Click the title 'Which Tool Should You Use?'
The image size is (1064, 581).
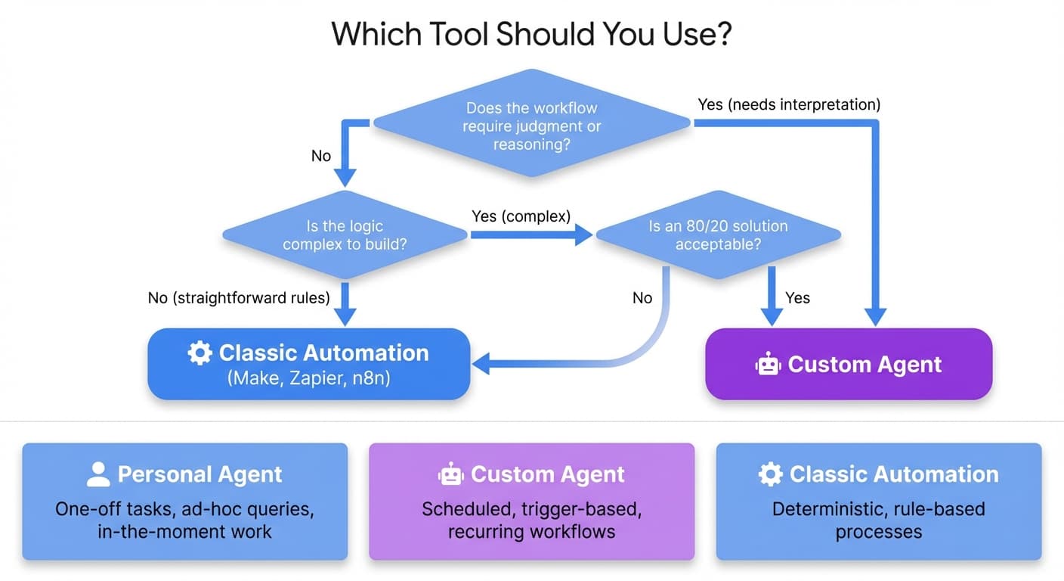tap(531, 35)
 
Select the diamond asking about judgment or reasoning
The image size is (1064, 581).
tap(531, 126)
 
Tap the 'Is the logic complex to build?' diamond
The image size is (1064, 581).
tap(344, 235)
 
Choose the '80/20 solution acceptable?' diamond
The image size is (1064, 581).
tap(717, 235)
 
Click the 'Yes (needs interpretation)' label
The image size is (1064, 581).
tap(789, 104)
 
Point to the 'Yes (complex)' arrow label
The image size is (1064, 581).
tap(521, 216)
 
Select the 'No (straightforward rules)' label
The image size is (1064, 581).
tap(239, 298)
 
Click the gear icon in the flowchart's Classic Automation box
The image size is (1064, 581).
tap(199, 353)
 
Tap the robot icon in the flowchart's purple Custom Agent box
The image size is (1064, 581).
tap(768, 365)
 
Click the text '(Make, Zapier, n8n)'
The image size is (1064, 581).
tap(308, 378)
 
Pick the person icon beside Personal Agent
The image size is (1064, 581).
tap(98, 474)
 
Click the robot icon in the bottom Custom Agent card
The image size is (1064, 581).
tap(451, 474)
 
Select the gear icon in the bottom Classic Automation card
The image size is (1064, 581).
tap(770, 474)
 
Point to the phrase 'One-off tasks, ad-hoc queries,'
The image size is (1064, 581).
tap(184, 508)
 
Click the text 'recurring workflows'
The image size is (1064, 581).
tap(531, 532)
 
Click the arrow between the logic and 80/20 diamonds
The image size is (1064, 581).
tap(529, 235)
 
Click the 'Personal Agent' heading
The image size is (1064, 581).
tap(199, 474)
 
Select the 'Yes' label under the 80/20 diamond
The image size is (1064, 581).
tap(797, 298)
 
